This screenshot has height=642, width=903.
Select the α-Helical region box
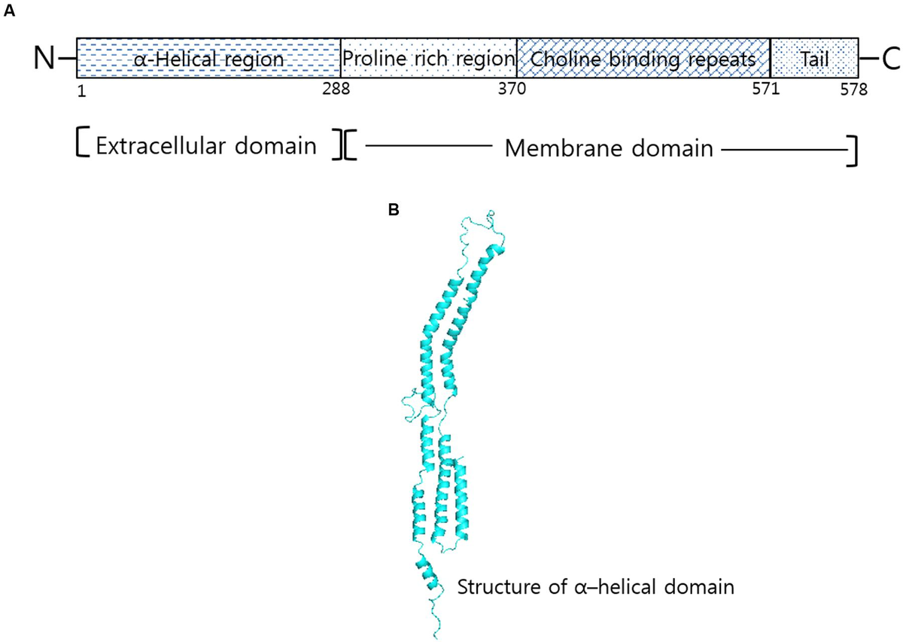[x=208, y=58]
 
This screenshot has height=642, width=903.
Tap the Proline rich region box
[x=428, y=58]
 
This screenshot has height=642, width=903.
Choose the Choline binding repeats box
[x=643, y=58]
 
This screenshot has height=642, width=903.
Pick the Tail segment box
[x=814, y=58]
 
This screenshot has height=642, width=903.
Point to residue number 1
[x=81, y=89]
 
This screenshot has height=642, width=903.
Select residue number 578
[x=853, y=89]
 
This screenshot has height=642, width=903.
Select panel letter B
[x=392, y=211]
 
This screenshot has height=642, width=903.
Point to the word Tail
[x=814, y=58]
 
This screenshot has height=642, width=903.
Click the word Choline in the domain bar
[x=558, y=58]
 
